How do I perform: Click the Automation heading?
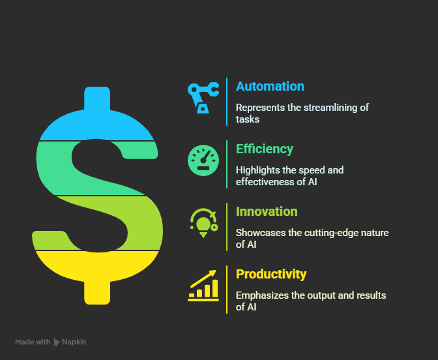point(270,86)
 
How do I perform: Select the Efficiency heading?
point(265,149)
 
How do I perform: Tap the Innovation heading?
point(267,211)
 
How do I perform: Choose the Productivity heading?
point(271,274)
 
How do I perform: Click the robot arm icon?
point(203,98)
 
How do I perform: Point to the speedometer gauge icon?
point(203,160)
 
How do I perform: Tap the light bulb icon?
point(203,223)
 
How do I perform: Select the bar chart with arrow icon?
point(203,286)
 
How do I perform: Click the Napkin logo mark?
point(56,342)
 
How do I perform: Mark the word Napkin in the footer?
point(74,342)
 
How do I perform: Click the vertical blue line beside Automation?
point(227,102)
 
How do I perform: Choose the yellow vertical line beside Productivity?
point(227,290)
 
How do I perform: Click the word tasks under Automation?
point(248,119)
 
